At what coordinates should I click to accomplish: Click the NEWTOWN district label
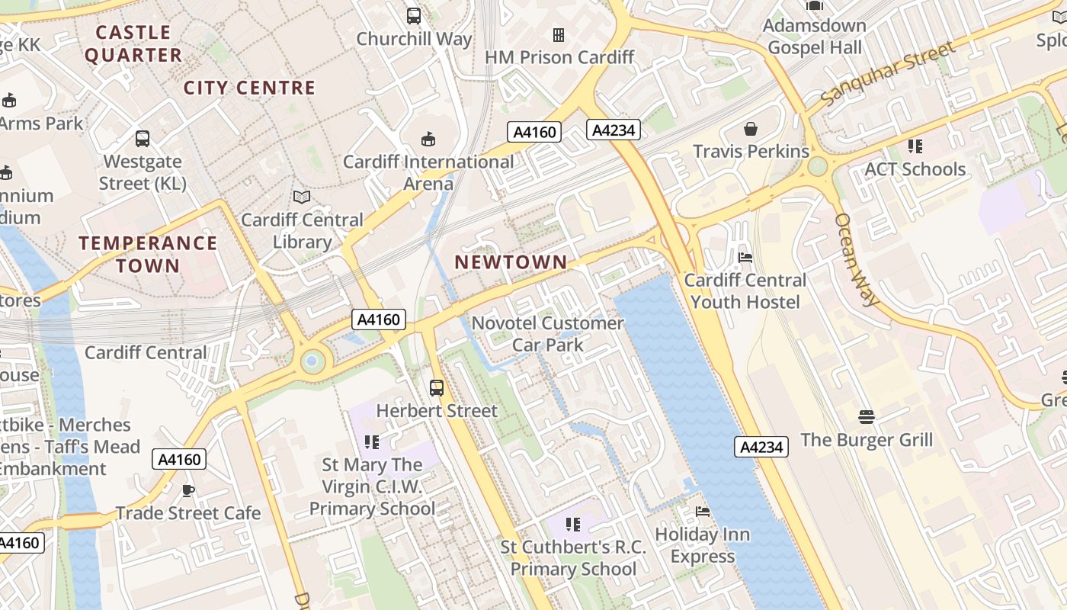coord(511,262)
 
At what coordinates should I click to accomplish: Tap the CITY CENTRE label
coord(249,88)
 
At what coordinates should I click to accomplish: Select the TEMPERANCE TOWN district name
coord(149,254)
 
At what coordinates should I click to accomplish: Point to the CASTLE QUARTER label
coord(133,43)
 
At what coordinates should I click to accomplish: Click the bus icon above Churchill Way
coord(414,15)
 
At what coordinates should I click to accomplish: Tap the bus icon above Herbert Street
coord(437,387)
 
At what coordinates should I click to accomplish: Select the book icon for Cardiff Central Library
coord(302,197)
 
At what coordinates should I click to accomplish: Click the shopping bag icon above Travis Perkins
coord(751,128)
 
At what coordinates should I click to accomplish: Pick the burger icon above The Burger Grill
coord(866,417)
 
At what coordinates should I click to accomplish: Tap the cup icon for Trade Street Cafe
coord(188,490)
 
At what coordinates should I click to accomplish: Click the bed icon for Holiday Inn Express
coord(703,511)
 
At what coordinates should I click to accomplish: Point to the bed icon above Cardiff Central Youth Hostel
coord(745,257)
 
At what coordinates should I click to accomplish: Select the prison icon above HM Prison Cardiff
coord(559,34)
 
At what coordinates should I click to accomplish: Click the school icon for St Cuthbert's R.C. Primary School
coord(573,524)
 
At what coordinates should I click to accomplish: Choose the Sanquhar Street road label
coord(889,75)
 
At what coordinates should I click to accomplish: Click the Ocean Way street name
coord(857,259)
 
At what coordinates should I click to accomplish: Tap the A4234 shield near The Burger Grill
coord(761,447)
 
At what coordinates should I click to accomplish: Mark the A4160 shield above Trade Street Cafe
coord(180,459)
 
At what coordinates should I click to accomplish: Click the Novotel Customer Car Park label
coord(547,334)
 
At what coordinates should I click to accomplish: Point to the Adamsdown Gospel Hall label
coord(815,37)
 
